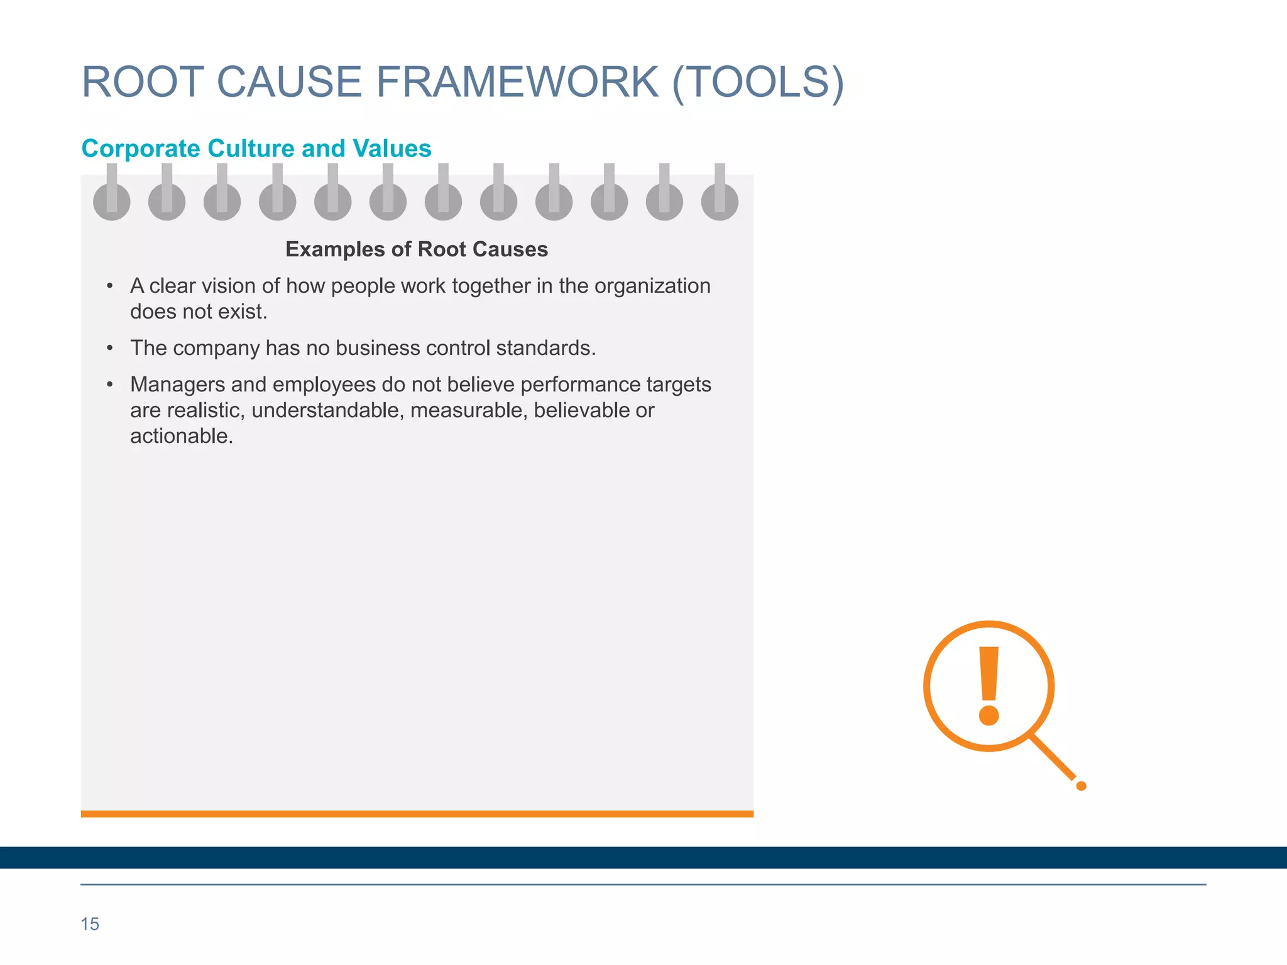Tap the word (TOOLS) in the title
point(758,82)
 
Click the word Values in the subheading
point(392,149)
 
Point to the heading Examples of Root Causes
point(417,249)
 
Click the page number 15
point(90,924)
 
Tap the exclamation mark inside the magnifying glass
point(989,685)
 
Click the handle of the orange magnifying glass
point(1056,760)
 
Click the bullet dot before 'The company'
point(110,348)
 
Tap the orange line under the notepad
point(417,814)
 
